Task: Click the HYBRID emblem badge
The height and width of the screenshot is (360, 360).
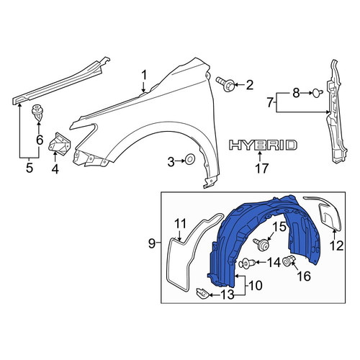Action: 263,145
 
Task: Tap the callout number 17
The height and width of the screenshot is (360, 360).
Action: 261,168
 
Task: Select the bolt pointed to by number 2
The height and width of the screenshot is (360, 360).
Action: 224,84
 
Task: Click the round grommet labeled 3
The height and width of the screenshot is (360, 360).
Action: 189,159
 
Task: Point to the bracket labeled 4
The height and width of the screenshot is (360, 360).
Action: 60,143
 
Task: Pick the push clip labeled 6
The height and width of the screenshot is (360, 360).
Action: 37,112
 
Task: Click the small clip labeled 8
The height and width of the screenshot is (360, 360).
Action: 318,93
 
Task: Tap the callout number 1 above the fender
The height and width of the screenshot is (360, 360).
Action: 144,76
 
